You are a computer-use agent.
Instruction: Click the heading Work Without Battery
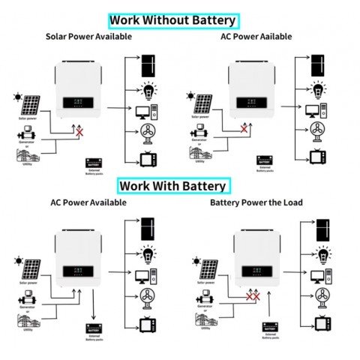pyautogui.click(x=173, y=20)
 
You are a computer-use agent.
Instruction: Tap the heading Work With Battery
pyautogui.click(x=172, y=185)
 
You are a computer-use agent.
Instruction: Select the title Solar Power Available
pyautogui.click(x=88, y=36)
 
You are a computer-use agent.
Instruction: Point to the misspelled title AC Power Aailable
pyautogui.click(x=256, y=36)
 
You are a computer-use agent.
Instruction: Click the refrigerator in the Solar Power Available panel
pyautogui.click(x=148, y=65)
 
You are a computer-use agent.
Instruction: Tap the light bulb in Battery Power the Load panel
pyautogui.click(x=322, y=254)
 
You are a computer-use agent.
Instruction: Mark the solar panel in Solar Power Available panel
pyautogui.click(x=31, y=105)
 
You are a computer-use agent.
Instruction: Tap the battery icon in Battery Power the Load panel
pyautogui.click(x=271, y=327)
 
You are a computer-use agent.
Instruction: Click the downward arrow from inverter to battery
pyautogui.click(x=94, y=307)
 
